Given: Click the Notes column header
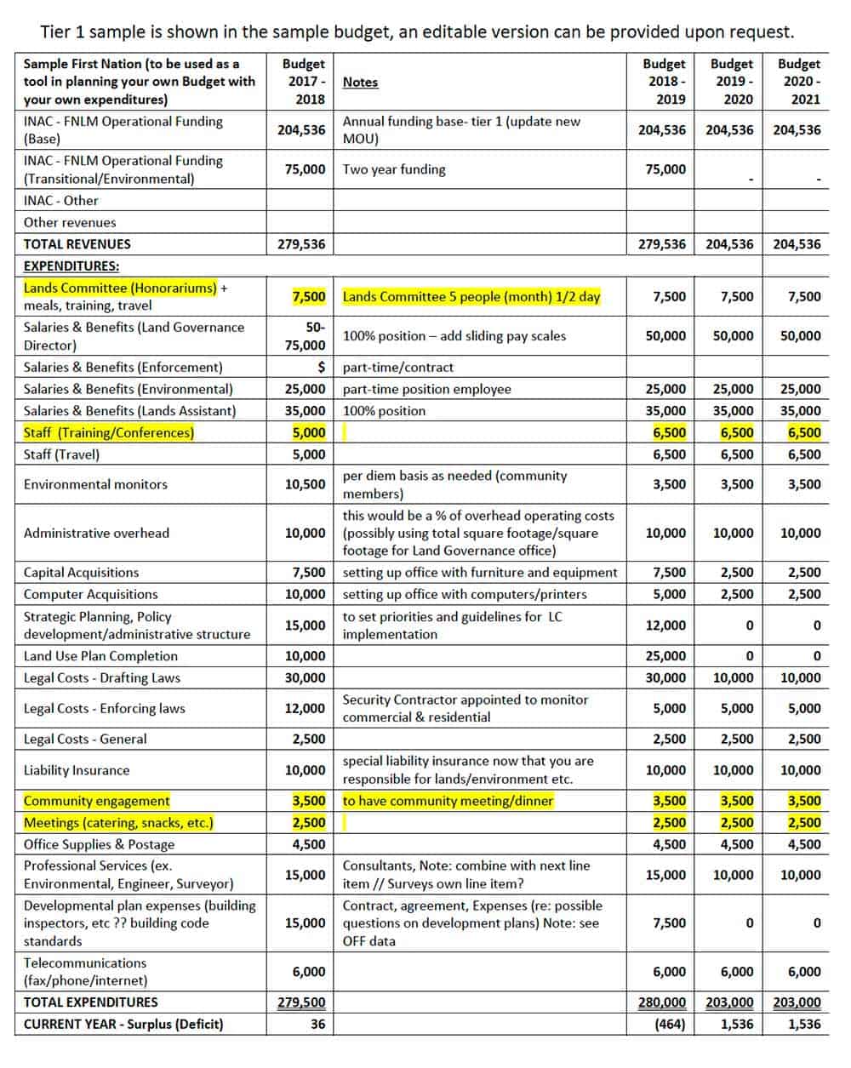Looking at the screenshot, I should [360, 83].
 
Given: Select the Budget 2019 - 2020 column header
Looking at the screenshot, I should [731, 82].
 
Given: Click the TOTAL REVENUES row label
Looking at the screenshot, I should [77, 244].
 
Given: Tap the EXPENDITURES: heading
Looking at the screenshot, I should [71, 266].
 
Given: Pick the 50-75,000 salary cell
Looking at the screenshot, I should [305, 336].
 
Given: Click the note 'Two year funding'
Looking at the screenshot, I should [394, 169].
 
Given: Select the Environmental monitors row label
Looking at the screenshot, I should [95, 484].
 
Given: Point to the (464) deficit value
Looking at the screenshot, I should [670, 1024].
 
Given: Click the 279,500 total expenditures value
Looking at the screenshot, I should [301, 1002].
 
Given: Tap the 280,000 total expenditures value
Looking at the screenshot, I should [662, 1002].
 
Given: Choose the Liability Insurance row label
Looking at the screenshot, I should [77, 770].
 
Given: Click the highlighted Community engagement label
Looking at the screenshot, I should [97, 801].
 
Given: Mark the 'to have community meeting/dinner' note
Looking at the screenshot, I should [448, 801].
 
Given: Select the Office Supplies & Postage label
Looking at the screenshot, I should [99, 844].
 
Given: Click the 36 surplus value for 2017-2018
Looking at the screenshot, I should [317, 1024].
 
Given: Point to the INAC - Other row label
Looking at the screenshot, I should [60, 201].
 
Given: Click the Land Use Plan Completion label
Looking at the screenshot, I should [100, 656].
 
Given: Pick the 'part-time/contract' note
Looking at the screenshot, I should [398, 368].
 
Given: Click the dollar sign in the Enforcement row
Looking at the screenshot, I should [321, 368].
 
